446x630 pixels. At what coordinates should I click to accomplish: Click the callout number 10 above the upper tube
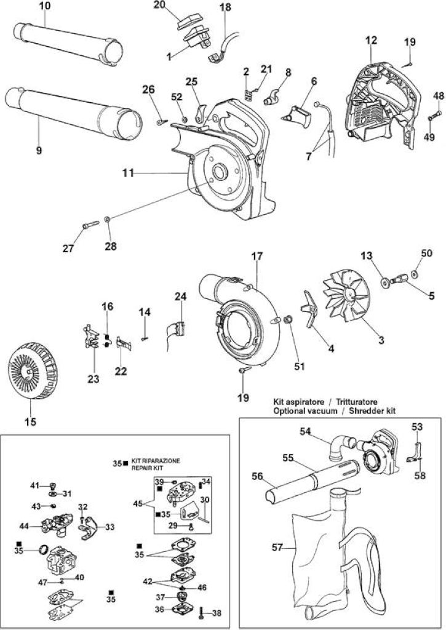click(x=45, y=7)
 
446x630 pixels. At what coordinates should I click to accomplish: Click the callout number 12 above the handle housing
click(x=372, y=40)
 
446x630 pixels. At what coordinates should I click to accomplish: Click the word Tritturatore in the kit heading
click(x=357, y=402)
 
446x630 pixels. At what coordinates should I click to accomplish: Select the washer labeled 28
click(x=107, y=220)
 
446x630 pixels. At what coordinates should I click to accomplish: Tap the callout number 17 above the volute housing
click(x=257, y=256)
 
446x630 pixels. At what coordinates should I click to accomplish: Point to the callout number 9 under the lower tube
click(x=39, y=151)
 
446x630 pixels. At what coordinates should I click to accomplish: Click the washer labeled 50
click(x=415, y=274)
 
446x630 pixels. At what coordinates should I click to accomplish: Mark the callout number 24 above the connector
click(x=181, y=297)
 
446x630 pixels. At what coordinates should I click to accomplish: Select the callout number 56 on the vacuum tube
click(x=257, y=476)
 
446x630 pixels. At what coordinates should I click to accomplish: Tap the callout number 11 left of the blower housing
click(x=128, y=173)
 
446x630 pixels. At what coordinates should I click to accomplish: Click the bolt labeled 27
click(x=91, y=226)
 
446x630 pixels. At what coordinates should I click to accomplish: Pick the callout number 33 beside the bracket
click(x=110, y=527)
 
